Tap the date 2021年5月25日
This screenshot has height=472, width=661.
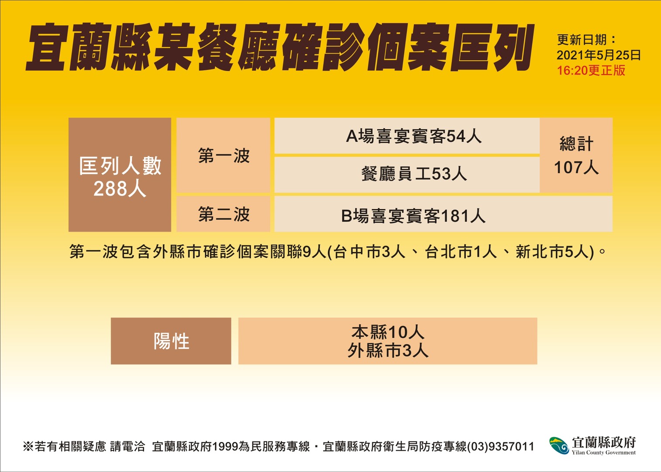[x=599, y=55]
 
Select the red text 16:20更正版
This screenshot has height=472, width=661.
[x=591, y=71]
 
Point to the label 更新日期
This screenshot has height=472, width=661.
[x=582, y=40]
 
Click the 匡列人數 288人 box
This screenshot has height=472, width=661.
[x=120, y=174]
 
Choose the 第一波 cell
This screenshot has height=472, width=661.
[x=224, y=155]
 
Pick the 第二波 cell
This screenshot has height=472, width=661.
[x=224, y=214]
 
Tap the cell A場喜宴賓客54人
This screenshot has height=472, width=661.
[x=407, y=136]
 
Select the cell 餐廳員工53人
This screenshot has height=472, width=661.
[x=407, y=174]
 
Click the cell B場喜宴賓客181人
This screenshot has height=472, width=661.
[x=443, y=214]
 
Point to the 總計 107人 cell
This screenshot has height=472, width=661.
[x=576, y=155]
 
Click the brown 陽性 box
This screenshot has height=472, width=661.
[x=171, y=341]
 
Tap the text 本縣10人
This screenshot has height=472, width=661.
[x=388, y=332]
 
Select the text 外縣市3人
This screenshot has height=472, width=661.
[x=388, y=351]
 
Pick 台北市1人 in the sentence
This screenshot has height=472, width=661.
[x=461, y=253]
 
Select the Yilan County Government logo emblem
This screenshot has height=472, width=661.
[x=558, y=445]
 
